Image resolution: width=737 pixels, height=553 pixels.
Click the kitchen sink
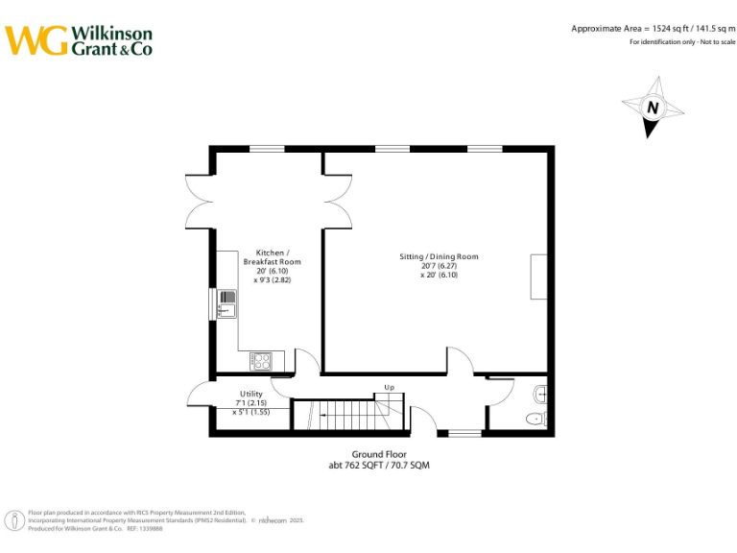click(x=226, y=303)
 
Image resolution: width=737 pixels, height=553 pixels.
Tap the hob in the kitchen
click(x=260, y=361)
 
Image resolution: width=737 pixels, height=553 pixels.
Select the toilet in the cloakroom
click(x=535, y=419)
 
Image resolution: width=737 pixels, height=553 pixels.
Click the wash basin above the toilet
click(x=540, y=392)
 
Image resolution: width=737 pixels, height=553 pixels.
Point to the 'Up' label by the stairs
click(x=389, y=387)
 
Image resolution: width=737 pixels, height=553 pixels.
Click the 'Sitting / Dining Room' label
click(x=439, y=256)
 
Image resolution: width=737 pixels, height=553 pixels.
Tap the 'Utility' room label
click(x=250, y=394)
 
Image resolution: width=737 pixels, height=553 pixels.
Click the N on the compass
click(x=653, y=108)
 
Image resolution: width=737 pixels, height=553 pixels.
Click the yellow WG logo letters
click(x=36, y=40)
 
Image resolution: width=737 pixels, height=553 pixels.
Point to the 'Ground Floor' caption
click(x=380, y=454)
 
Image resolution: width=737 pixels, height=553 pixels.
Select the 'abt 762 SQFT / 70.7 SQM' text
click(x=380, y=465)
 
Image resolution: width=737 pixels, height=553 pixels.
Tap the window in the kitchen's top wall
click(x=267, y=148)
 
